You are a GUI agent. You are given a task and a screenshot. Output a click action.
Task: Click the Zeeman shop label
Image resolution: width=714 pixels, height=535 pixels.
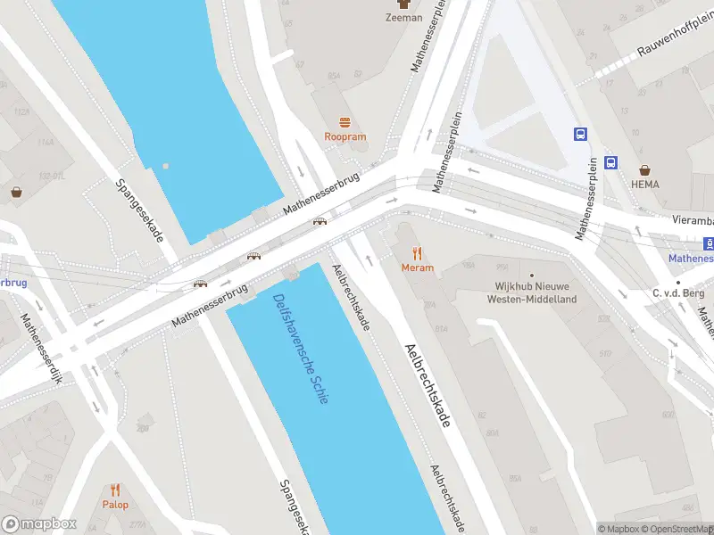point(403,17)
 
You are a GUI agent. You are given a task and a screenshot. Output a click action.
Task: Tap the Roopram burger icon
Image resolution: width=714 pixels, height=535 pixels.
point(345,122)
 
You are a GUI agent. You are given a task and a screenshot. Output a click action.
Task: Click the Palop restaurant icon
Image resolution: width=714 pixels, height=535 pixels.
point(115,490)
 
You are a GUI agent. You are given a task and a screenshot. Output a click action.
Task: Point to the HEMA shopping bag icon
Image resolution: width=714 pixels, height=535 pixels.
point(644,169)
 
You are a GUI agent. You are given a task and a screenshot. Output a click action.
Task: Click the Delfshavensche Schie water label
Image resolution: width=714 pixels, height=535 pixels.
point(301,348)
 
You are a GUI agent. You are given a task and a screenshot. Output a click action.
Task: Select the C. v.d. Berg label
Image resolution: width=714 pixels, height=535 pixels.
point(679,293)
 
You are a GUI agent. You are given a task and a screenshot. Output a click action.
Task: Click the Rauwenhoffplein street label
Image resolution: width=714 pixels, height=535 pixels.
point(675,39)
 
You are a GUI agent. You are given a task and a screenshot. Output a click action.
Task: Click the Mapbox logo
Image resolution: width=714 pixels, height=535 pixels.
point(39,524)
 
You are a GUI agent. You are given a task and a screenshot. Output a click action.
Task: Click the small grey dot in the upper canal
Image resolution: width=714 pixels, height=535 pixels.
point(166,166)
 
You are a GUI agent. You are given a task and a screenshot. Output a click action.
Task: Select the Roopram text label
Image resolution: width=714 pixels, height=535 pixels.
point(345,137)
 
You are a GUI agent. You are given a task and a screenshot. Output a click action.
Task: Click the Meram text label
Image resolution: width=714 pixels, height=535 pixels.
point(417,267)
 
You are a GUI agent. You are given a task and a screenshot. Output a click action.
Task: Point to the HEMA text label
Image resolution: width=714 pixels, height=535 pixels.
point(644,185)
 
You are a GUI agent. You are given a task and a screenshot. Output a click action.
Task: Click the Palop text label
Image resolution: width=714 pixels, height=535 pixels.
point(115,505)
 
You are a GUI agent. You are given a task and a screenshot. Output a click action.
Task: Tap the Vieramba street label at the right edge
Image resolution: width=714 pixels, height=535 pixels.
point(693,218)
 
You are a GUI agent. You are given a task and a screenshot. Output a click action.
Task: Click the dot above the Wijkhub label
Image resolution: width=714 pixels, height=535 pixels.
point(532,276)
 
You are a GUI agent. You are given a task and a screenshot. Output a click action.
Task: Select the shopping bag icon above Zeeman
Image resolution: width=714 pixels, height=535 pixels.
point(403,4)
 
